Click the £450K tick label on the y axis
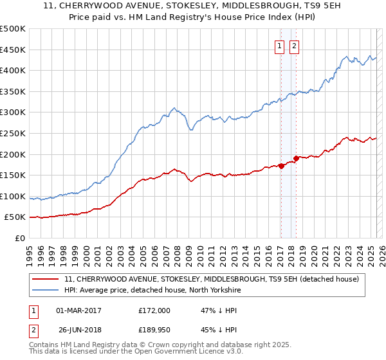pyautogui.click(x=13, y=50)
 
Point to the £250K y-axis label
pyautogui.click(x=13, y=133)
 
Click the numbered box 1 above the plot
pyautogui.click(x=280, y=46)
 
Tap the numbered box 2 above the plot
pyautogui.click(x=294, y=46)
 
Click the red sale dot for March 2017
pyautogui.click(x=281, y=166)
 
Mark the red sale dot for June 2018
pyautogui.click(x=296, y=158)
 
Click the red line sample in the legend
pyautogui.click(x=46, y=279)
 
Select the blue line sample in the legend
pyautogui.click(x=46, y=290)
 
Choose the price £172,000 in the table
pyautogui.click(x=154, y=310)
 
